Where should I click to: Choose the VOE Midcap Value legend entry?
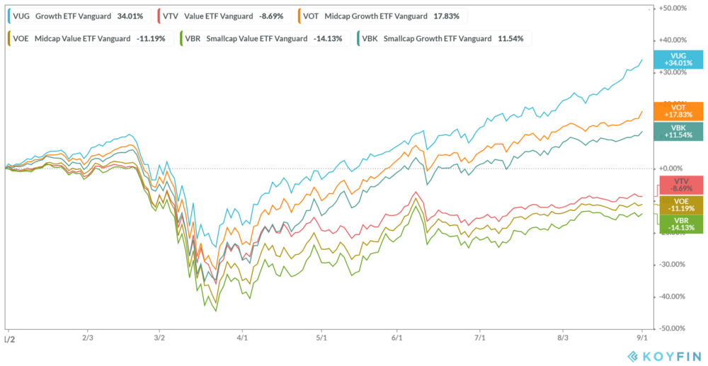(x=88, y=38)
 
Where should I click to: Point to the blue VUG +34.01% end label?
(x=678, y=59)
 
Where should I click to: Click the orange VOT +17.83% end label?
(x=678, y=111)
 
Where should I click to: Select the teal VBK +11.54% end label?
(x=678, y=131)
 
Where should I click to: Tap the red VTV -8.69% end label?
(x=678, y=185)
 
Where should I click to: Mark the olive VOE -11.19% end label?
(x=678, y=205)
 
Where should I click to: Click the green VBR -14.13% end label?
(x=678, y=224)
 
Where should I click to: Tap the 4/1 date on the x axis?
(x=242, y=338)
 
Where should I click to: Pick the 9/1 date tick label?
(x=641, y=338)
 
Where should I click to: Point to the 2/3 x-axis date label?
(x=88, y=338)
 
